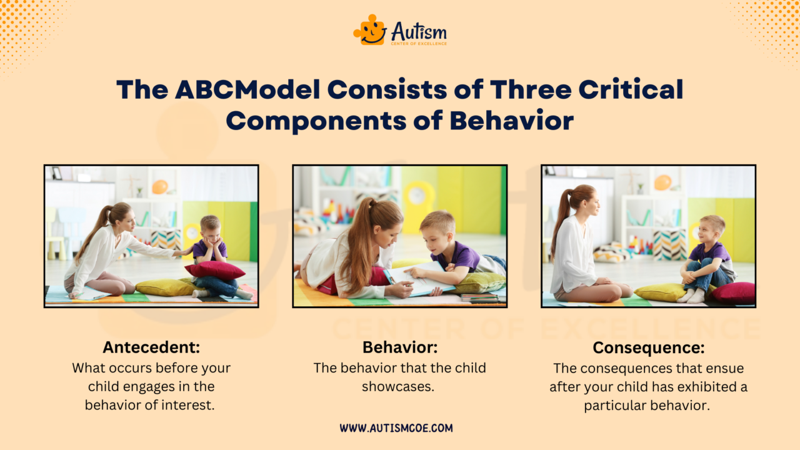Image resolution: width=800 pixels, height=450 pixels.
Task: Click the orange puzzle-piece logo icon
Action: coord(369,29)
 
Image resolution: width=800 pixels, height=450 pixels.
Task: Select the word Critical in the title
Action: coord(631,90)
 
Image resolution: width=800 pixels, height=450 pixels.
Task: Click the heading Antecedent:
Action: coord(151,347)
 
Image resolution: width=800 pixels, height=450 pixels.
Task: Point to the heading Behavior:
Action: coord(399,347)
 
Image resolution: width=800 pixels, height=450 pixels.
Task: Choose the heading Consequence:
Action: coord(648,347)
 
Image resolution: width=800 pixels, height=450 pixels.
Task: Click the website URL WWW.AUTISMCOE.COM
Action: coord(396,428)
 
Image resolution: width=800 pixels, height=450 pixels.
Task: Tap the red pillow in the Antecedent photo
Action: coord(214,270)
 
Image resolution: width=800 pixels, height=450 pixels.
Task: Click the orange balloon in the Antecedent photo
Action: coord(160,186)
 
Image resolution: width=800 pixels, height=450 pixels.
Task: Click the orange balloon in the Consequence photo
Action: coord(662,182)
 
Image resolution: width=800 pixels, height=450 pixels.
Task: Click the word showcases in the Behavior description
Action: coord(397,386)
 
